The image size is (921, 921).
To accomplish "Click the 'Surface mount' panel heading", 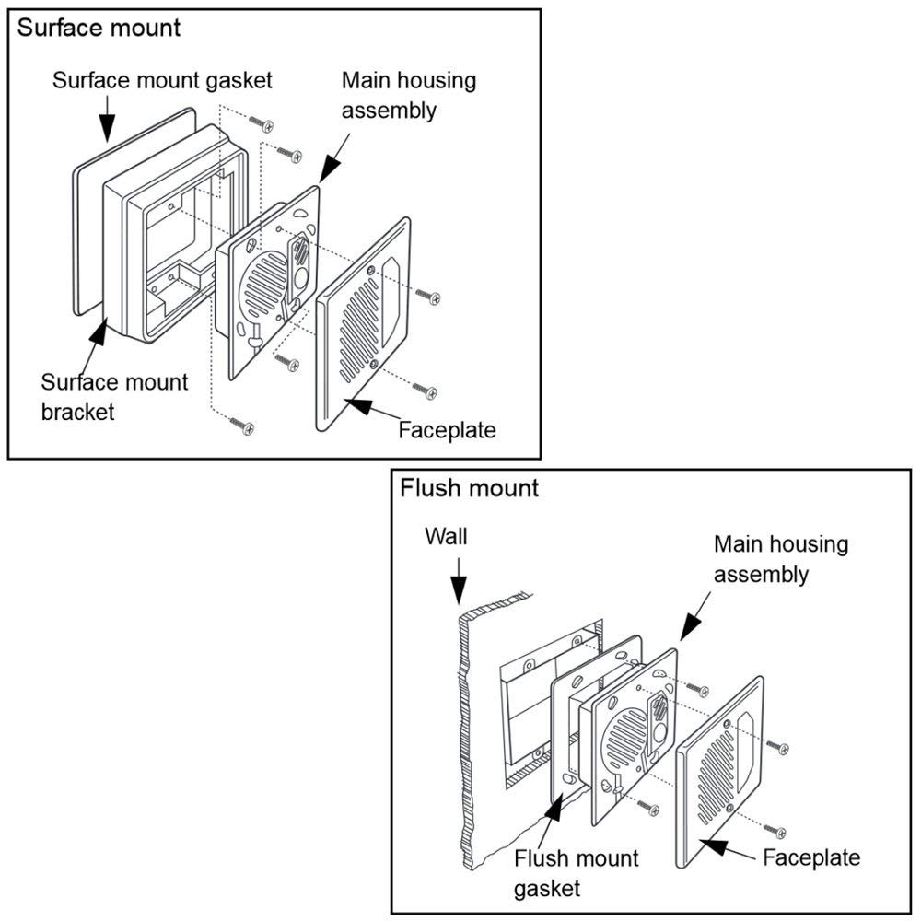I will (x=99, y=27).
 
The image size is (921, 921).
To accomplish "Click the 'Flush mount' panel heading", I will (x=469, y=487).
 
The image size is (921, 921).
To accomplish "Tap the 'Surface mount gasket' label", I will (x=162, y=80).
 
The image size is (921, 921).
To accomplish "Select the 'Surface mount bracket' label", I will (x=114, y=396).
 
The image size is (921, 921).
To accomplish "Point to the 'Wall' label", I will (x=446, y=536).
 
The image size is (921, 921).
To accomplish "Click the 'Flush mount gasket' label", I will (x=576, y=873).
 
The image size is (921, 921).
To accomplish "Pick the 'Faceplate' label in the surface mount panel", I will (x=447, y=429).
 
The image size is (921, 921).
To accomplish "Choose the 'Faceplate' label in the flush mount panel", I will (x=811, y=857).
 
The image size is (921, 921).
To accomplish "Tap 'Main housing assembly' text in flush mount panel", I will (x=781, y=559).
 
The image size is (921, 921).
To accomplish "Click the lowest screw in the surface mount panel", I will (x=242, y=426).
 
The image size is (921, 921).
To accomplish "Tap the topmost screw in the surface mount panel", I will (x=267, y=123).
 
